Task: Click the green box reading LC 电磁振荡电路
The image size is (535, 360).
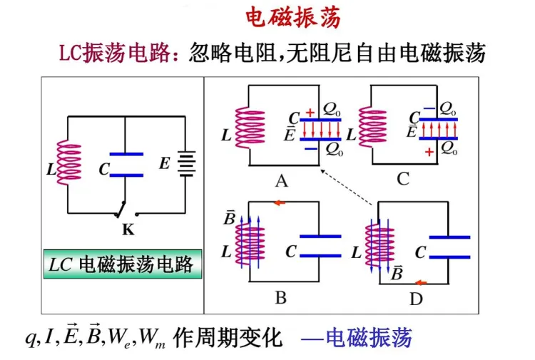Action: (x=122, y=265)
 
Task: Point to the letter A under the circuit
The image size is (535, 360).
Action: (x=282, y=181)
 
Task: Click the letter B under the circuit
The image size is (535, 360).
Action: (x=281, y=297)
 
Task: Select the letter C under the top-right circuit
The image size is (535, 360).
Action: (x=403, y=179)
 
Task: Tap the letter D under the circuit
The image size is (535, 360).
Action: (x=416, y=299)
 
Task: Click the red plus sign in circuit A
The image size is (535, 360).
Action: (x=309, y=113)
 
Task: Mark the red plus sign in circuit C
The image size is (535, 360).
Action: (x=429, y=153)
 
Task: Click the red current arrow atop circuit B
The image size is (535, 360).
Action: (x=280, y=203)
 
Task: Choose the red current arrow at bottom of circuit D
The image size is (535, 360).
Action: (x=421, y=282)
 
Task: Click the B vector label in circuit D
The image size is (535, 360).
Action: (x=397, y=273)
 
